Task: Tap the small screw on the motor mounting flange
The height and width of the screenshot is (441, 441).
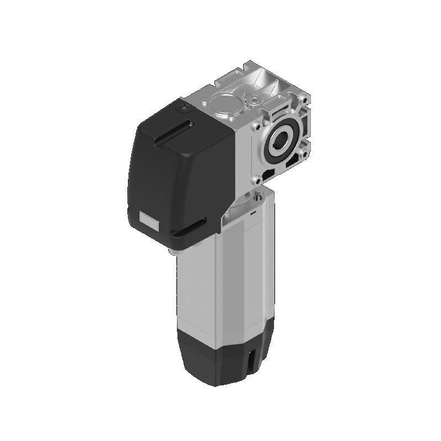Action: click(x=257, y=196)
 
